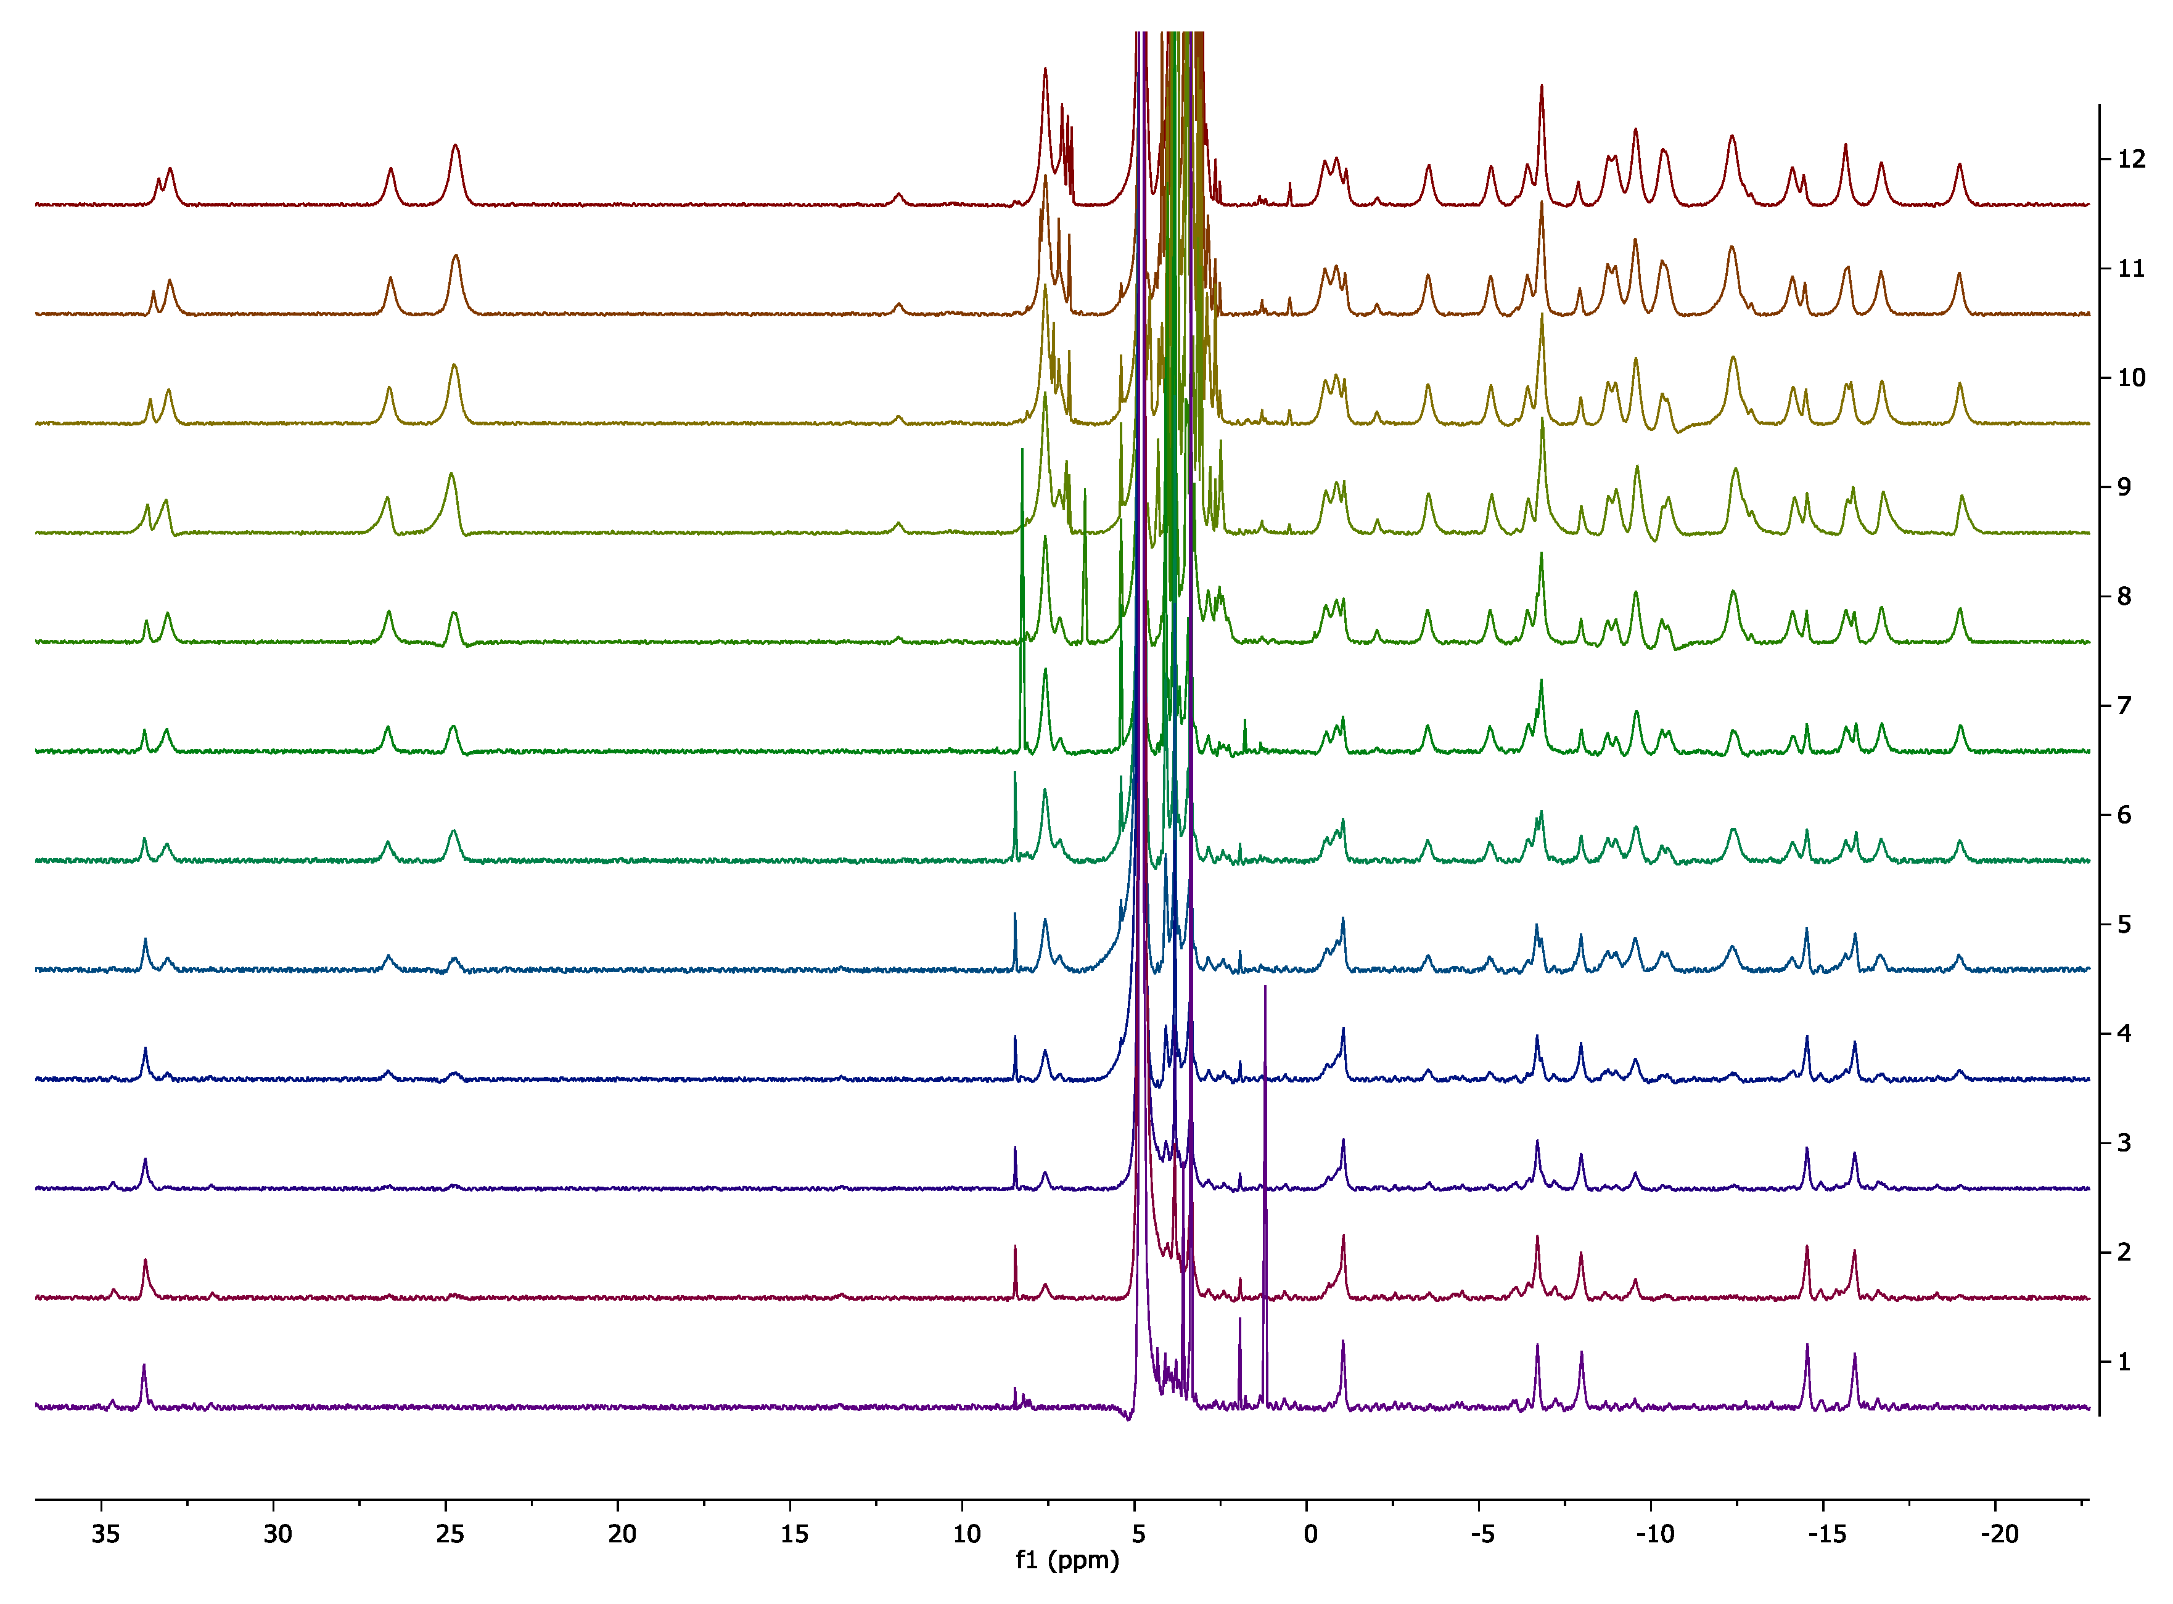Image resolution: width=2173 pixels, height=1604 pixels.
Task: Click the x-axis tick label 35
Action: [x=106, y=1534]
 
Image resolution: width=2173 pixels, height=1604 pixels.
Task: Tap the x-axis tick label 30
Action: [x=277, y=1534]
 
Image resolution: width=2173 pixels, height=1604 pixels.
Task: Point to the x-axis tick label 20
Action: [x=622, y=1534]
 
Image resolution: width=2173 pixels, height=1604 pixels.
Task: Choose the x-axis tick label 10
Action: [x=967, y=1534]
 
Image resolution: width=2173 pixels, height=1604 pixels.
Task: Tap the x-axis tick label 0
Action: [x=1311, y=1534]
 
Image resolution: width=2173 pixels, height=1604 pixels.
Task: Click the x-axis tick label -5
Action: [x=1482, y=1534]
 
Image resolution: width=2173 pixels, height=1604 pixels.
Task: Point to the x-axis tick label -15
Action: [x=1826, y=1534]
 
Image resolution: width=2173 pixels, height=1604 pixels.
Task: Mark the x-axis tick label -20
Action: [x=1999, y=1534]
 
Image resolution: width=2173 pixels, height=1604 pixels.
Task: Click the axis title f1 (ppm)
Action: [x=1067, y=1560]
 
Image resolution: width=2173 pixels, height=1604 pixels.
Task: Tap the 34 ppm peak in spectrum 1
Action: [x=144, y=1368]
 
